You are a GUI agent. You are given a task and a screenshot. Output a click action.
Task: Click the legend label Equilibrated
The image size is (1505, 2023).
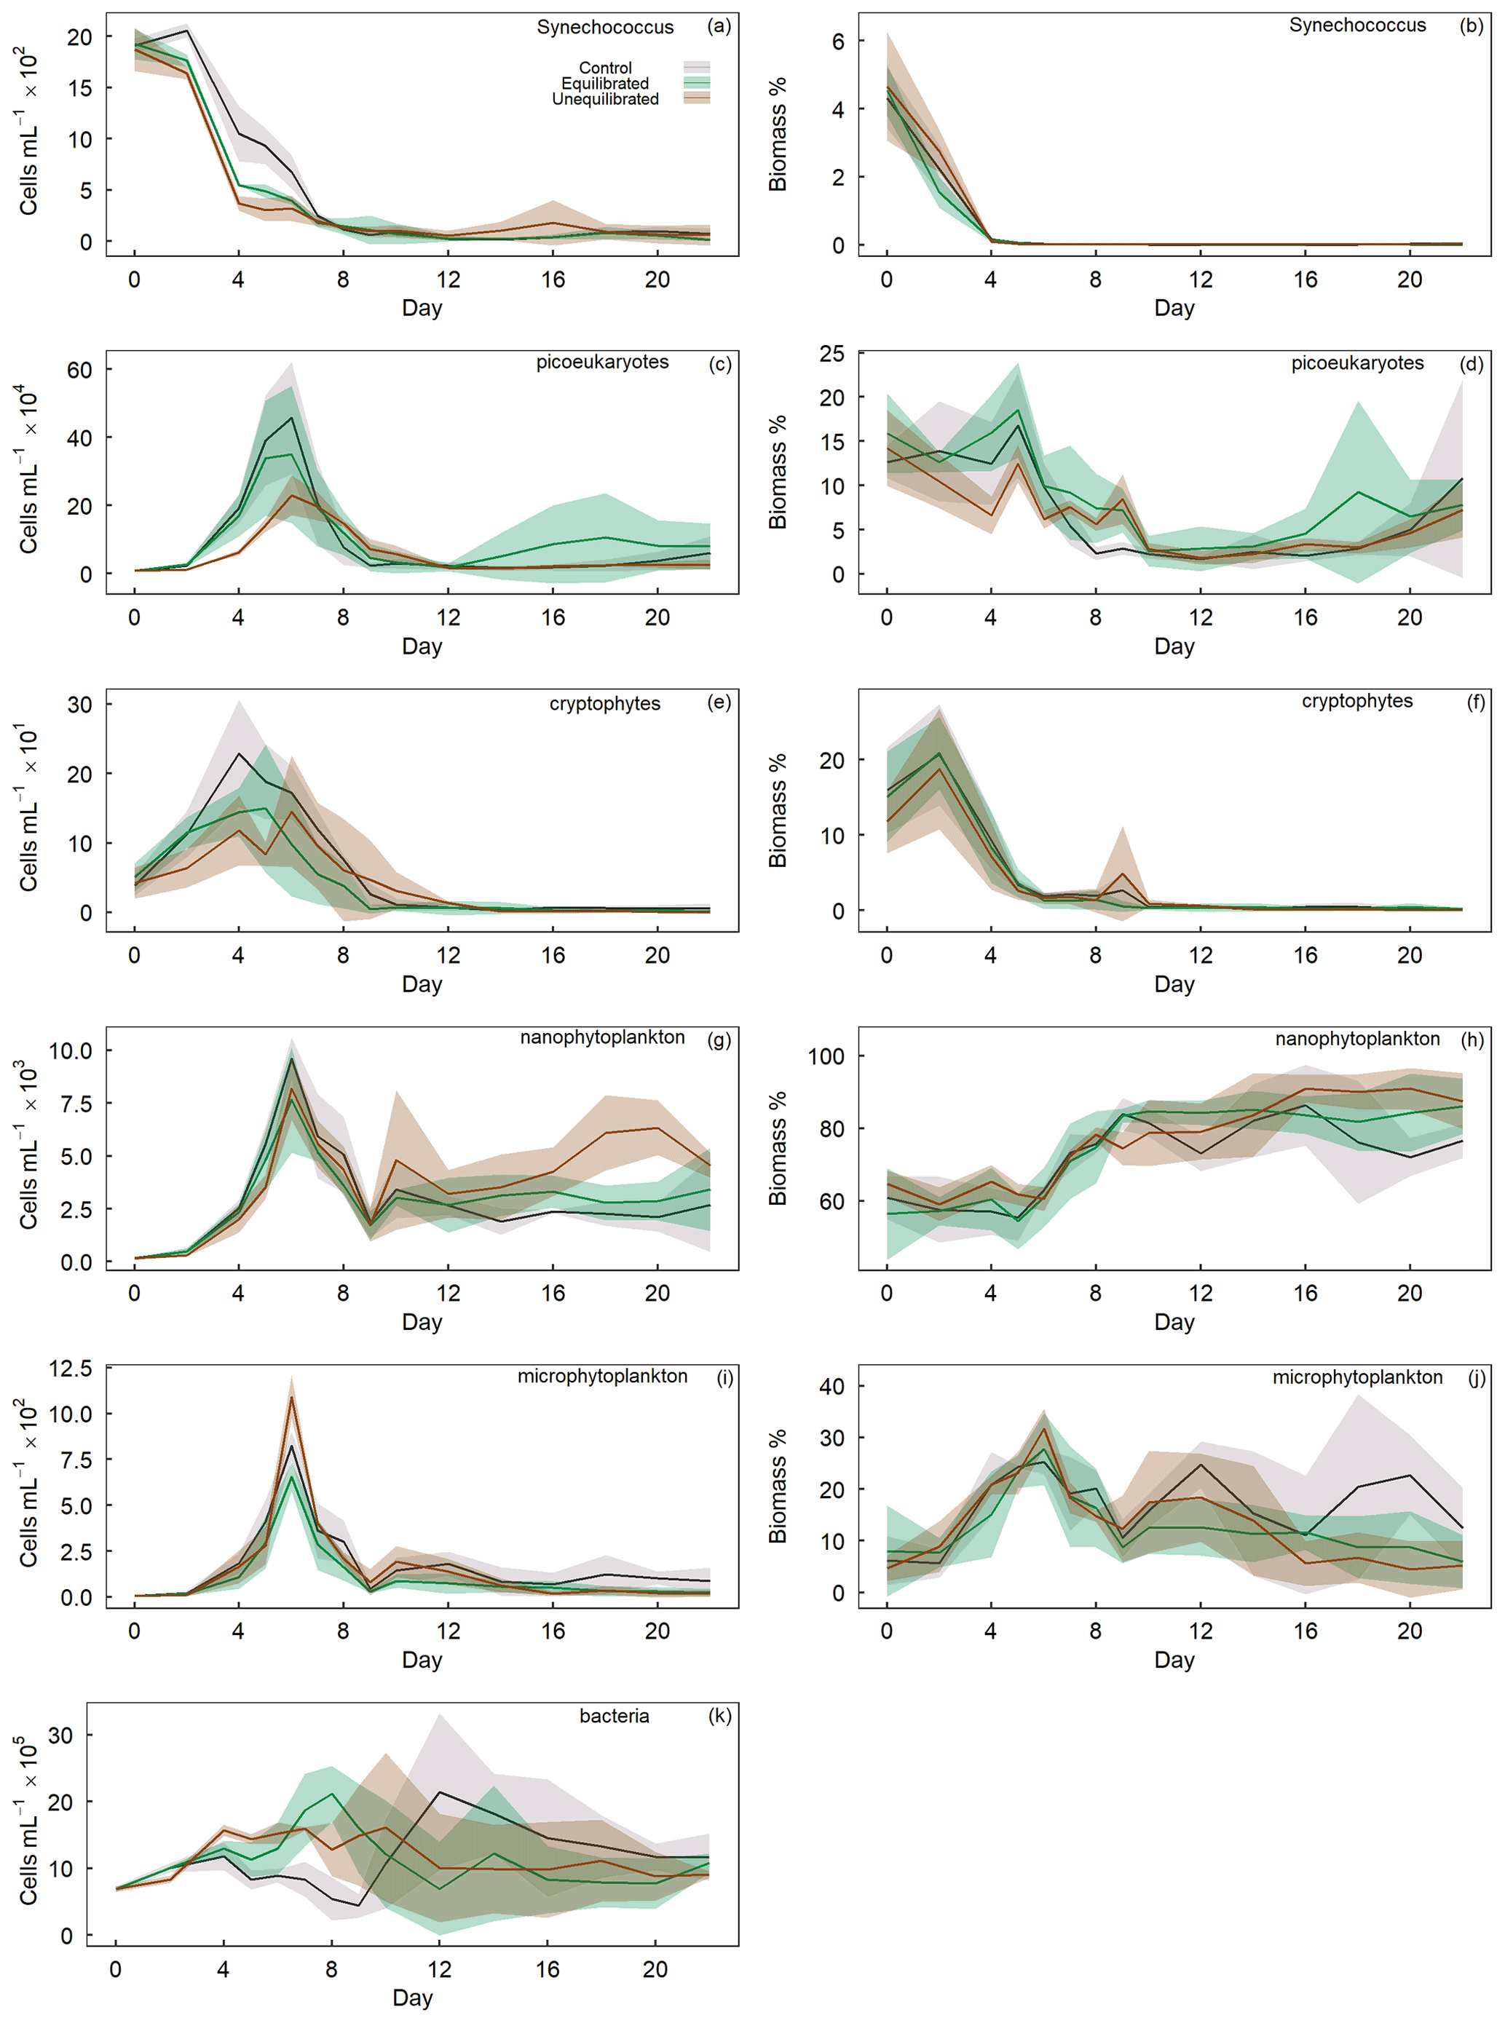(x=605, y=84)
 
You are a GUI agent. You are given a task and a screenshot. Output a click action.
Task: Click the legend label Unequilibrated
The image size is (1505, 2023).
(x=605, y=99)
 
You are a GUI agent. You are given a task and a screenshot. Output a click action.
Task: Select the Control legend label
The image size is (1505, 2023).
(x=605, y=68)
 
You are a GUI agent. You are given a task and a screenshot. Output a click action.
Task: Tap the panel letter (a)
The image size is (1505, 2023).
(x=719, y=26)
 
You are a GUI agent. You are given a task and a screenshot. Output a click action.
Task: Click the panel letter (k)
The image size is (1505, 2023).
(x=719, y=1715)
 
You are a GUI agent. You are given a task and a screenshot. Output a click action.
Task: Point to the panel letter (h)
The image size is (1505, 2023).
(x=1472, y=1040)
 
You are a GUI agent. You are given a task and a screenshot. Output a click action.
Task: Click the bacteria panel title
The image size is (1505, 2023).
(x=614, y=1716)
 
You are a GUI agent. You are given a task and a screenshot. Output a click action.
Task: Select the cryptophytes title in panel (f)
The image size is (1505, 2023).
(x=1356, y=701)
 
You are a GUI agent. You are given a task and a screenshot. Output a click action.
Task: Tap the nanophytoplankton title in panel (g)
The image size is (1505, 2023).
(x=602, y=1037)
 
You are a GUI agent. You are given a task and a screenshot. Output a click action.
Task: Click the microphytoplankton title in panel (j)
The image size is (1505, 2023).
(x=1356, y=1377)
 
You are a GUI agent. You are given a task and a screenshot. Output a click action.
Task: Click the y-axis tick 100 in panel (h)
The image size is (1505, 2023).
(x=826, y=1056)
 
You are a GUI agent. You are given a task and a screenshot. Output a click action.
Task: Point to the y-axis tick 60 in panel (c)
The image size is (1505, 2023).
(x=79, y=370)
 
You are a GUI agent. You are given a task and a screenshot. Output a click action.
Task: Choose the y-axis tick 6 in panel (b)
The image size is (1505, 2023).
(x=837, y=42)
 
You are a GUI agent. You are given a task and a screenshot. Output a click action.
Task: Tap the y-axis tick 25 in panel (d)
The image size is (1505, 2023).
(x=831, y=353)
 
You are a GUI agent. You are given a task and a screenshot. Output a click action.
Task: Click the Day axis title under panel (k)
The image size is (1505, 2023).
(x=412, y=1998)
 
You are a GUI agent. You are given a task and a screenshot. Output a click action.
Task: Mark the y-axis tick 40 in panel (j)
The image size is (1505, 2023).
(x=831, y=1386)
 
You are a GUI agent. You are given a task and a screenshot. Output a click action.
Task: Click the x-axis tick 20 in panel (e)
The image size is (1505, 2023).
(x=657, y=956)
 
